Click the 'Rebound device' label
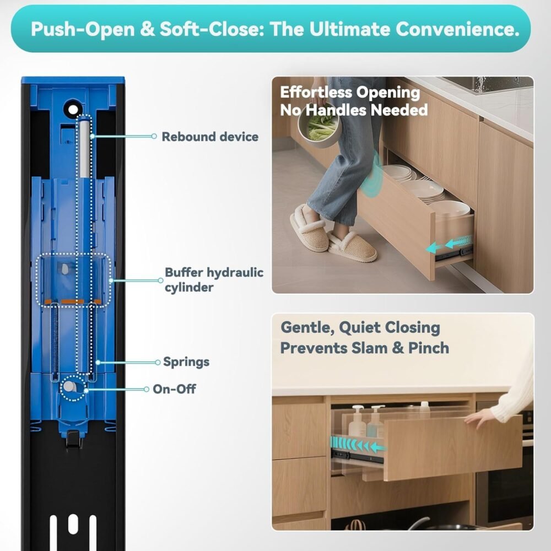[210, 137]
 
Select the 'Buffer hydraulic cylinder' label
[214, 280]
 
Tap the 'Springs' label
[186, 362]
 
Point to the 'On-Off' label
[174, 389]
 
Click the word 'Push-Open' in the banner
[83, 29]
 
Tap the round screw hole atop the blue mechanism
[73, 110]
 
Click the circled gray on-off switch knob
[69, 387]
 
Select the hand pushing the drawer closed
[478, 418]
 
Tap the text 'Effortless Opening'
[350, 93]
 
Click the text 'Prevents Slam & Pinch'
[365, 348]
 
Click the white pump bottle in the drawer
[357, 421]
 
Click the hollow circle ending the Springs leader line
[158, 363]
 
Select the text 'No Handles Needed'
[354, 110]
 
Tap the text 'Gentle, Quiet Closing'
[360, 327]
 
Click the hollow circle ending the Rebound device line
[154, 136]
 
